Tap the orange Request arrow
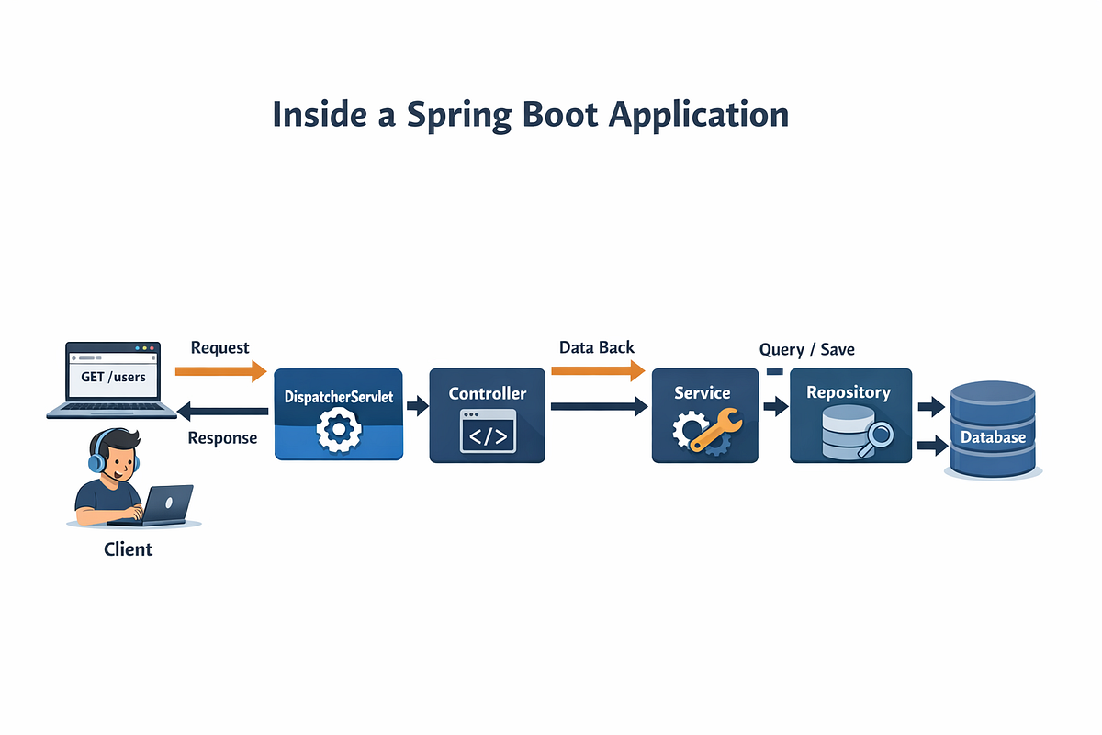[x=221, y=371]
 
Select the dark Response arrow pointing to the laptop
[x=222, y=412]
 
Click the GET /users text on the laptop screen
[x=113, y=377]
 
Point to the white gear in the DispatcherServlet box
[x=339, y=429]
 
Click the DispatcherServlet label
[x=339, y=397]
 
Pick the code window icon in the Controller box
[x=488, y=431]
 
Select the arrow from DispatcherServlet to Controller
[x=418, y=406]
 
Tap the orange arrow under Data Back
[x=598, y=370]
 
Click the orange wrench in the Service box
[x=716, y=429]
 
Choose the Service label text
[x=702, y=393]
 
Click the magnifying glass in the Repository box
[x=876, y=438]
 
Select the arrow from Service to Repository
[x=776, y=407]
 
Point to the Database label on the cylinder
[x=993, y=437]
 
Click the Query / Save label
[x=807, y=349]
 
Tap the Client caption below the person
[x=128, y=549]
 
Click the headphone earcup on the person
[x=96, y=463]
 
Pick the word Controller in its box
[x=487, y=393]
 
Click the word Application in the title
[x=699, y=116]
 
